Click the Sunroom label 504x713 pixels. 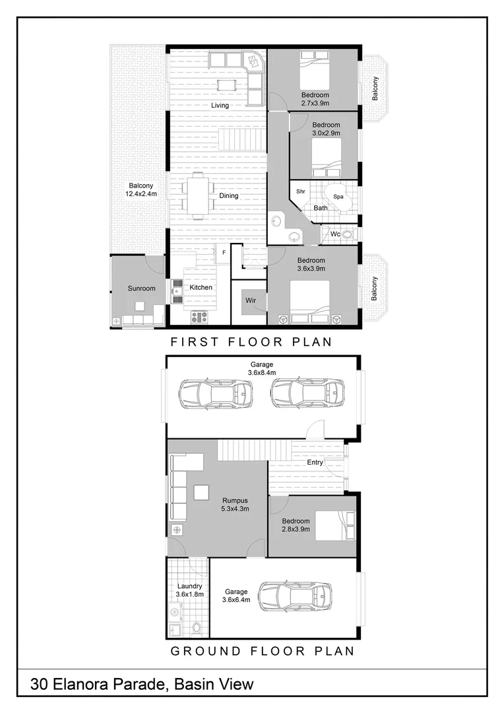click(x=142, y=289)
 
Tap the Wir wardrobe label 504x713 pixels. click(x=251, y=300)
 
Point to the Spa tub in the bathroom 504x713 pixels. click(x=338, y=197)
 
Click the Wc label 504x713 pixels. click(x=335, y=234)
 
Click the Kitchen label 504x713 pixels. click(x=201, y=287)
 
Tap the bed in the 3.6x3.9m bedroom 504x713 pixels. click(x=309, y=302)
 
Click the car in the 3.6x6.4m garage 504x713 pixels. click(x=295, y=597)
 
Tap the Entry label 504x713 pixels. click(x=315, y=463)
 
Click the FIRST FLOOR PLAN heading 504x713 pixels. click(x=251, y=342)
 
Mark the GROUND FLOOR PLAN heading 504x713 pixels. click(x=263, y=651)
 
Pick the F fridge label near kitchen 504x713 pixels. click(x=224, y=252)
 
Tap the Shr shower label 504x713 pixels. click(x=301, y=191)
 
